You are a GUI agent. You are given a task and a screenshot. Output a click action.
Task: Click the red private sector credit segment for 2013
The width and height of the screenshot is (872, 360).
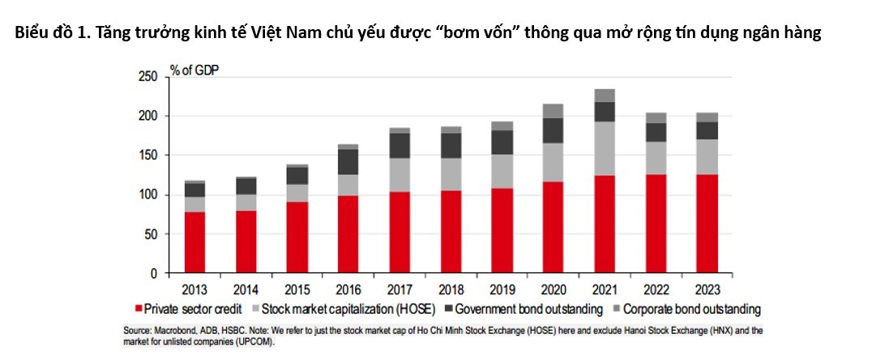pyautogui.click(x=194, y=242)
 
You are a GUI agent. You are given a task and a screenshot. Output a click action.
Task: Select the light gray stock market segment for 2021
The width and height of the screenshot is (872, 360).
pyautogui.click(x=605, y=148)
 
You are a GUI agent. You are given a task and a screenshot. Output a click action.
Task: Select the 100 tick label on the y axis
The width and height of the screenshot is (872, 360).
pyautogui.click(x=146, y=195)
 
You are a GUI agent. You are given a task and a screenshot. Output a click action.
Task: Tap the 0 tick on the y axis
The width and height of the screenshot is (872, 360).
pyautogui.click(x=153, y=274)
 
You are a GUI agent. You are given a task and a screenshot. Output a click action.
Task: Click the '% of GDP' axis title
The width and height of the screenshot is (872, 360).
pyautogui.click(x=194, y=70)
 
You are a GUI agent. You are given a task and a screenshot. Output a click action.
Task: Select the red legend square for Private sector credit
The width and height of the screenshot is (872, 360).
pyautogui.click(x=139, y=309)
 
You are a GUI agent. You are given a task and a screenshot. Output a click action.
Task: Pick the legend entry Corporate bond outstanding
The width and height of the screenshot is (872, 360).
pyautogui.click(x=690, y=309)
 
